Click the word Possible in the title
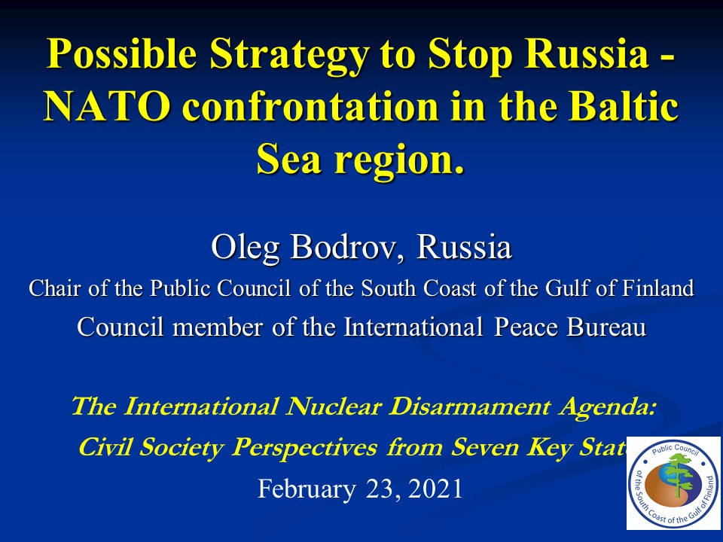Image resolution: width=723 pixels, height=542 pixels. pyautogui.click(x=122, y=53)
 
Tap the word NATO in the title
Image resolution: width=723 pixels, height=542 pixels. pyautogui.click(x=107, y=106)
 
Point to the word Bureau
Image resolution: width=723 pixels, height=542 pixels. pyautogui.click(x=606, y=327)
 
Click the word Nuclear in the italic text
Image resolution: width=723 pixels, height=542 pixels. pyautogui.click(x=334, y=406)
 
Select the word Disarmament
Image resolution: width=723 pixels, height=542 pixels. pyautogui.click(x=469, y=406)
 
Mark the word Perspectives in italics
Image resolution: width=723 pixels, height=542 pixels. pyautogui.click(x=304, y=447)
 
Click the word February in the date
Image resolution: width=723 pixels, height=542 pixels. pyautogui.click(x=307, y=489)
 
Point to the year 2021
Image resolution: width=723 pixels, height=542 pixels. pyautogui.click(x=435, y=489)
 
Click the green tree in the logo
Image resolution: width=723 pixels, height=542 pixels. pyautogui.click(x=677, y=475)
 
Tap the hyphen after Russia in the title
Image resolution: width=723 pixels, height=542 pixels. pyautogui.click(x=668, y=58)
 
